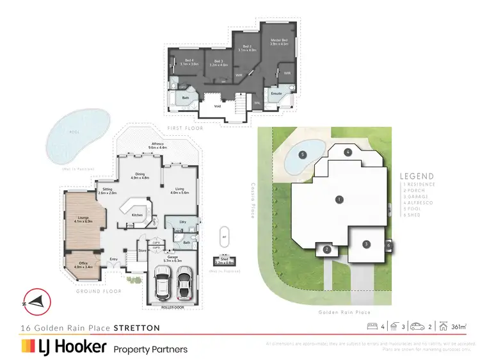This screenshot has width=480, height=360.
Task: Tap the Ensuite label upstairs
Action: [276, 93]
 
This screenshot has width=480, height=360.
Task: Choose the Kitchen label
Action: [137, 215]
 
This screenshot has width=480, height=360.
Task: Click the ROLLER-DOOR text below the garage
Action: [173, 307]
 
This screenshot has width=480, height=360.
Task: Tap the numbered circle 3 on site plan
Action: [367, 244]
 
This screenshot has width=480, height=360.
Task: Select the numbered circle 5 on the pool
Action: [302, 154]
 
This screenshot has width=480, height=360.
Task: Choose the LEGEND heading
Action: [417, 176]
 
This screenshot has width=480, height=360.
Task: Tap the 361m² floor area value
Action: [458, 327]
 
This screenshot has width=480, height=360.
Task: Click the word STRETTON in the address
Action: [136, 327]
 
